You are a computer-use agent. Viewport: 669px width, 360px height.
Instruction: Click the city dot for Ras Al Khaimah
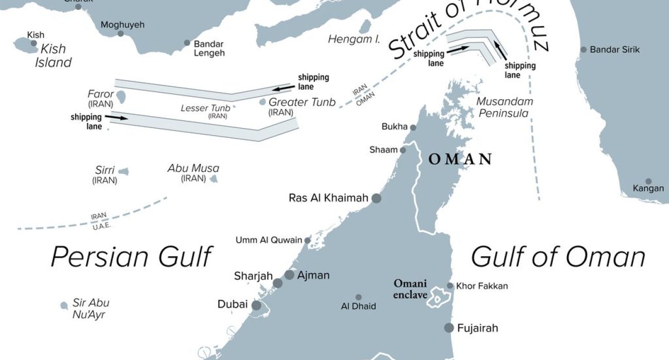click(x=377, y=198)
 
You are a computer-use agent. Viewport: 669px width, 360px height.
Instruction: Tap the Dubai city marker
click(x=256, y=305)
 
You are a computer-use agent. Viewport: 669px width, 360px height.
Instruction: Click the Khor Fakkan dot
click(x=450, y=286)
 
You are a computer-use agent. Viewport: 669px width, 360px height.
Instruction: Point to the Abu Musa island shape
click(x=214, y=179)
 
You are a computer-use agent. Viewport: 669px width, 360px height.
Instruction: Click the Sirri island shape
click(x=124, y=172)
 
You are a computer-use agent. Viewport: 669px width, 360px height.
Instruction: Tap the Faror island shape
click(x=122, y=96)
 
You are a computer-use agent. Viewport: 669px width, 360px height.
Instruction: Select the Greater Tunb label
click(x=302, y=102)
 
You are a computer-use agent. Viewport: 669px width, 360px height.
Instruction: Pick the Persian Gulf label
click(x=132, y=256)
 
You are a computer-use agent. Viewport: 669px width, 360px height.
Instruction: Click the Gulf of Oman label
click(x=558, y=256)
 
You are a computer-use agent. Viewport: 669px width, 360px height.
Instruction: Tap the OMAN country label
click(x=460, y=159)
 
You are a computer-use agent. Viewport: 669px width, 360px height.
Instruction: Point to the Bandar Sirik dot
click(x=584, y=50)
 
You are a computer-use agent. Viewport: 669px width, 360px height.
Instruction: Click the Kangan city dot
click(x=648, y=182)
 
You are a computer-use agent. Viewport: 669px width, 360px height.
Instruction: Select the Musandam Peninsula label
click(x=504, y=107)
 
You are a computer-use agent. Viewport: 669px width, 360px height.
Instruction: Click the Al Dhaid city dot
click(x=359, y=297)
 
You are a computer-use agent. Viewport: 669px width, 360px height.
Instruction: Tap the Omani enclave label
click(x=410, y=289)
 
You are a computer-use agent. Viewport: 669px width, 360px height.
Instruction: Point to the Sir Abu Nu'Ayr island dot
click(x=64, y=305)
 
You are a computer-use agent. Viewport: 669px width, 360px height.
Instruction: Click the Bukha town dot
click(x=413, y=127)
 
